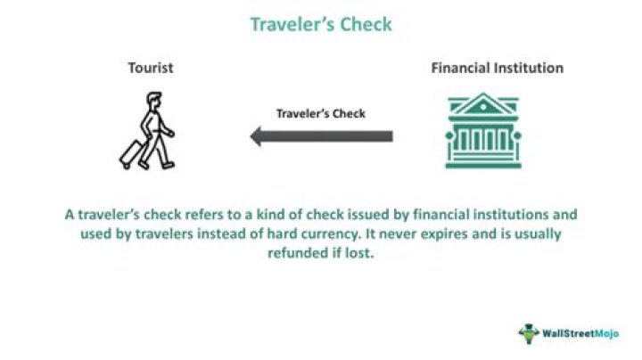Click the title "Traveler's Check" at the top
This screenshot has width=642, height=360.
pos(321,24)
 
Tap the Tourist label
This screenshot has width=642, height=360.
pos(149,68)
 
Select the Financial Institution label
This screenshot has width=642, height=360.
pos(498,68)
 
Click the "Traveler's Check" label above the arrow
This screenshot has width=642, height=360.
pos(321,114)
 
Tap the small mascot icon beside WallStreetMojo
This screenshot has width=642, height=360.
pos(529,333)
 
